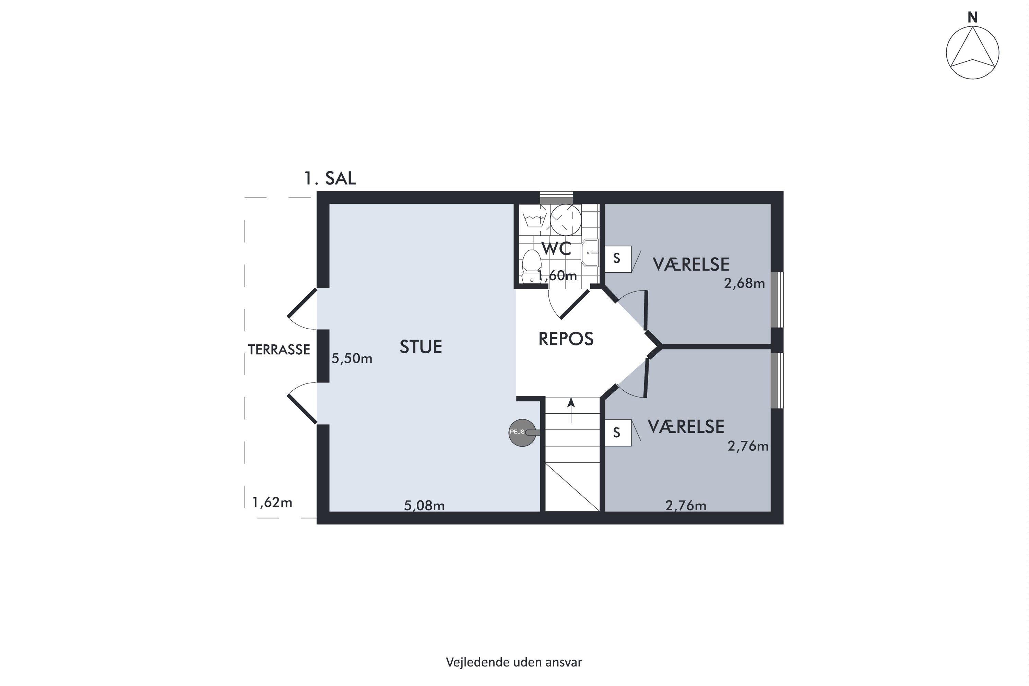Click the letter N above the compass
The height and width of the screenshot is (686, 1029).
(972, 17)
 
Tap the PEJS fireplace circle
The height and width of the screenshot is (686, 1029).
(522, 433)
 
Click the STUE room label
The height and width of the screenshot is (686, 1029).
(421, 346)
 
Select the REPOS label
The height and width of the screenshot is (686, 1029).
(566, 339)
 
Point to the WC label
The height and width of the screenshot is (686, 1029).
(556, 248)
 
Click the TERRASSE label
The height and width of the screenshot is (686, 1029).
(279, 350)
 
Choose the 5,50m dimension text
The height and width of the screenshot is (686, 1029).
(352, 359)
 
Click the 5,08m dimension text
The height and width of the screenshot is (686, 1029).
(424, 506)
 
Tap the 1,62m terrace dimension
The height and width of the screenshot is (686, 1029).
(272, 502)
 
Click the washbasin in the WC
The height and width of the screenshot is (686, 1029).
(590, 253)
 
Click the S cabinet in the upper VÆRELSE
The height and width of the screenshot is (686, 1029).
(618, 259)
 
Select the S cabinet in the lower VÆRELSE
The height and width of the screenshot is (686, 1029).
(618, 433)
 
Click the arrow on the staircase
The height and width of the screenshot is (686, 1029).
(571, 410)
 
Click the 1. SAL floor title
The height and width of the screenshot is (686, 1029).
(330, 178)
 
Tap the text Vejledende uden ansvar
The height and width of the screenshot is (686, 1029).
(514, 662)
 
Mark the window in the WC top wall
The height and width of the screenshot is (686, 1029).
(556, 198)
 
